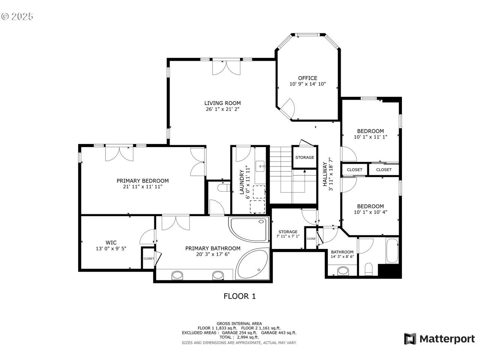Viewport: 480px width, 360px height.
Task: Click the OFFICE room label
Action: click(307, 78)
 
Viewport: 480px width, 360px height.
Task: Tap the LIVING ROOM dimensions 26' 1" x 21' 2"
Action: click(222, 109)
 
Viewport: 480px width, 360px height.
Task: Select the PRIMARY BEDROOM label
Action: click(142, 181)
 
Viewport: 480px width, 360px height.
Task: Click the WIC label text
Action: click(111, 242)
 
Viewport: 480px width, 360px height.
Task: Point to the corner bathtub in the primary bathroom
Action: click(253, 264)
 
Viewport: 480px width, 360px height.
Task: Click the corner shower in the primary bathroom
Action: click(249, 229)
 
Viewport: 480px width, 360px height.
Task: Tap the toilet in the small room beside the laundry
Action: click(224, 188)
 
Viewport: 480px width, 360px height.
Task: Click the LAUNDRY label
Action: click(241, 182)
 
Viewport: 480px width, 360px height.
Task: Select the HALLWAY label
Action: click(325, 174)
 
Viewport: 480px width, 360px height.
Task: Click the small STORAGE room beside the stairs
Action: click(304, 157)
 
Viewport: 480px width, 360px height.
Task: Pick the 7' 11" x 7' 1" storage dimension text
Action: click(288, 236)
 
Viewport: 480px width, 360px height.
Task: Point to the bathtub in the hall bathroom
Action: click(392, 251)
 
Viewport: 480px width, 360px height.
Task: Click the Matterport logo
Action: click(439, 339)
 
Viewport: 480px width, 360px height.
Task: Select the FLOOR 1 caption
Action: click(240, 296)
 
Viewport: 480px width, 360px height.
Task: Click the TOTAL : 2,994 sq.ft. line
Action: click(239, 337)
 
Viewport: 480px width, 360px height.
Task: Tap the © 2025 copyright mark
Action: click(17, 16)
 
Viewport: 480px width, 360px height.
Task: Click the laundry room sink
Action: click(260, 166)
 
